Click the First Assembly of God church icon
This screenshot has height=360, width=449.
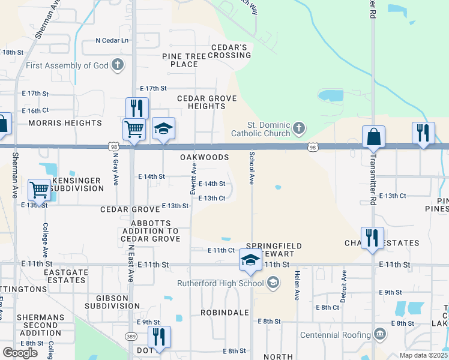pyautogui.click(x=117, y=65)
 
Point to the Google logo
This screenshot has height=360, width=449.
pyautogui.click(x=20, y=353)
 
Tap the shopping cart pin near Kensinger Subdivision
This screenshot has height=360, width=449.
pyautogui.click(x=39, y=190)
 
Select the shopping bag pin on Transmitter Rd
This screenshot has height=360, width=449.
pyautogui.click(x=373, y=137)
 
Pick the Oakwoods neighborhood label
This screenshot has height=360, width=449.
pyautogui.click(x=205, y=157)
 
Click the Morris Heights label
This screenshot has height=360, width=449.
pyautogui.click(x=65, y=123)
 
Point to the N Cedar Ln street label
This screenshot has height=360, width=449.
pyautogui.click(x=113, y=41)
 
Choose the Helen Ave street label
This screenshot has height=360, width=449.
pyautogui.click(x=297, y=285)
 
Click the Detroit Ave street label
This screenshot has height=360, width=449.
pyautogui.click(x=344, y=284)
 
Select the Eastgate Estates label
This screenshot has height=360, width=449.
pyautogui.click(x=65, y=276)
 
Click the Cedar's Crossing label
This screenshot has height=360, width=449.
pyautogui.click(x=229, y=52)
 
